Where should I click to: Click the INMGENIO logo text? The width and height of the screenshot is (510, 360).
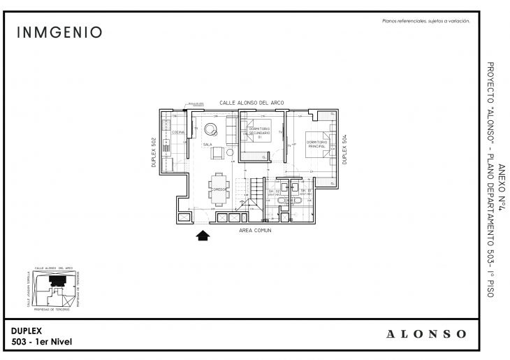click(59, 33)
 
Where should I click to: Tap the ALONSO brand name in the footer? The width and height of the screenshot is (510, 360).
click(427, 333)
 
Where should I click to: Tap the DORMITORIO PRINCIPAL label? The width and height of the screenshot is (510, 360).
click(317, 145)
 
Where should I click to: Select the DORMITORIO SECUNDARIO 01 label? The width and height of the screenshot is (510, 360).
click(259, 132)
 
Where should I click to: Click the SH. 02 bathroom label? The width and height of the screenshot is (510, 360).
click(274, 191)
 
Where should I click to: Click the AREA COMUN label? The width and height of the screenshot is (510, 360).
click(255, 229)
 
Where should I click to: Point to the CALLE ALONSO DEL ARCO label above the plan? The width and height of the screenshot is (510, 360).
click(252, 102)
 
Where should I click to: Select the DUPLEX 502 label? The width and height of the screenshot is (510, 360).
click(154, 151)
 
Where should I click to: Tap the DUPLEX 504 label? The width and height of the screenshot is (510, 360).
click(345, 149)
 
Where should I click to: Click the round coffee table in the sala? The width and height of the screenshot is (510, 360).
click(210, 127)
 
